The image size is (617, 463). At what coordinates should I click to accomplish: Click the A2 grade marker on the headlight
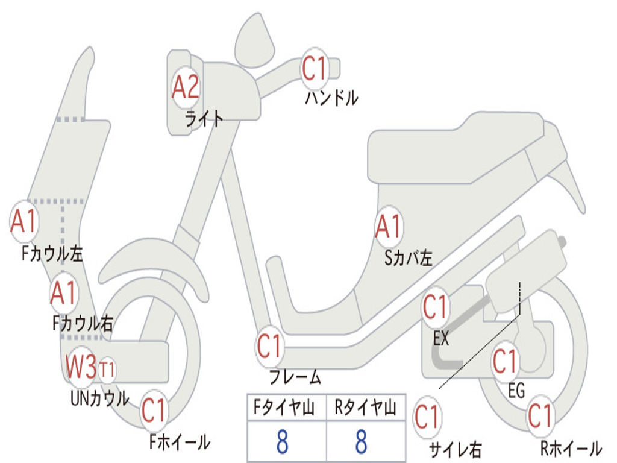pyautogui.click(x=186, y=87)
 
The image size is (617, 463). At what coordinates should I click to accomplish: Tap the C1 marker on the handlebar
pyautogui.click(x=315, y=69)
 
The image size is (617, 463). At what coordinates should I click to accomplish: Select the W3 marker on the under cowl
pyautogui.click(x=81, y=367)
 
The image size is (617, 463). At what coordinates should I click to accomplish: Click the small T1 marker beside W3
pyautogui.click(x=107, y=370)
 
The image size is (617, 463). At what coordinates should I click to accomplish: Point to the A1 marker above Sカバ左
pyautogui.click(x=389, y=227)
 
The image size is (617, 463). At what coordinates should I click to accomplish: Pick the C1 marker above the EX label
pyautogui.click(x=435, y=307)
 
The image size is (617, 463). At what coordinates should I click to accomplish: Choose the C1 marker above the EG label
pyautogui.click(x=505, y=362)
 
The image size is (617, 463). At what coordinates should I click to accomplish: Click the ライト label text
pyautogui.click(x=204, y=118)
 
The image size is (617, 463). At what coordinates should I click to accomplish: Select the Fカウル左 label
pyautogui.click(x=52, y=254)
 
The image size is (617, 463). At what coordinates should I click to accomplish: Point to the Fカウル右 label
pyautogui.click(x=83, y=323)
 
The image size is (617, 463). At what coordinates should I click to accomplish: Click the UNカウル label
pyautogui.click(x=100, y=398)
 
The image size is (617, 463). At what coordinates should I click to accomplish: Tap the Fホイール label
pyautogui.click(x=180, y=442)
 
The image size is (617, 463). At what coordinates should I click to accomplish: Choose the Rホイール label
pyautogui.click(x=571, y=448)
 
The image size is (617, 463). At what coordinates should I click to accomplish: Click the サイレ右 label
pyautogui.click(x=456, y=449)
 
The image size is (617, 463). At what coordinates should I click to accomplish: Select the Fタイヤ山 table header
pyautogui.click(x=284, y=408)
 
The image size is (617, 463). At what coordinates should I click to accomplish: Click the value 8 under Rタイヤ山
pyautogui.click(x=362, y=441)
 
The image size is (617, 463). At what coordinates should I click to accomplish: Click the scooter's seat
pyautogui.click(x=457, y=150)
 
